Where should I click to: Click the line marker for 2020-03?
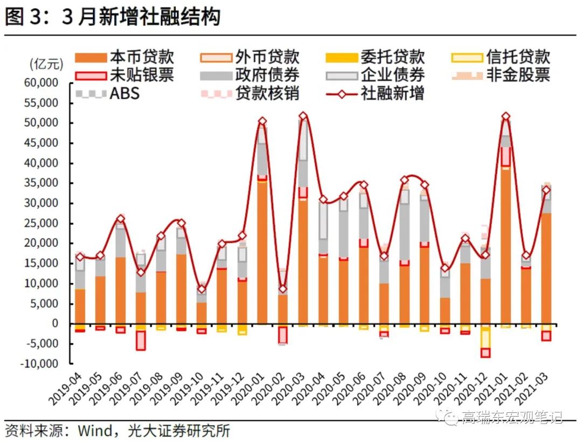[303, 116]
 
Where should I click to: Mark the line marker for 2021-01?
[505, 116]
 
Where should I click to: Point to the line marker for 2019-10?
[202, 289]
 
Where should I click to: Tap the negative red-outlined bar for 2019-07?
[141, 340]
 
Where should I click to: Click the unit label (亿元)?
[46, 64]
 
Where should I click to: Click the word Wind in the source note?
[95, 431]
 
